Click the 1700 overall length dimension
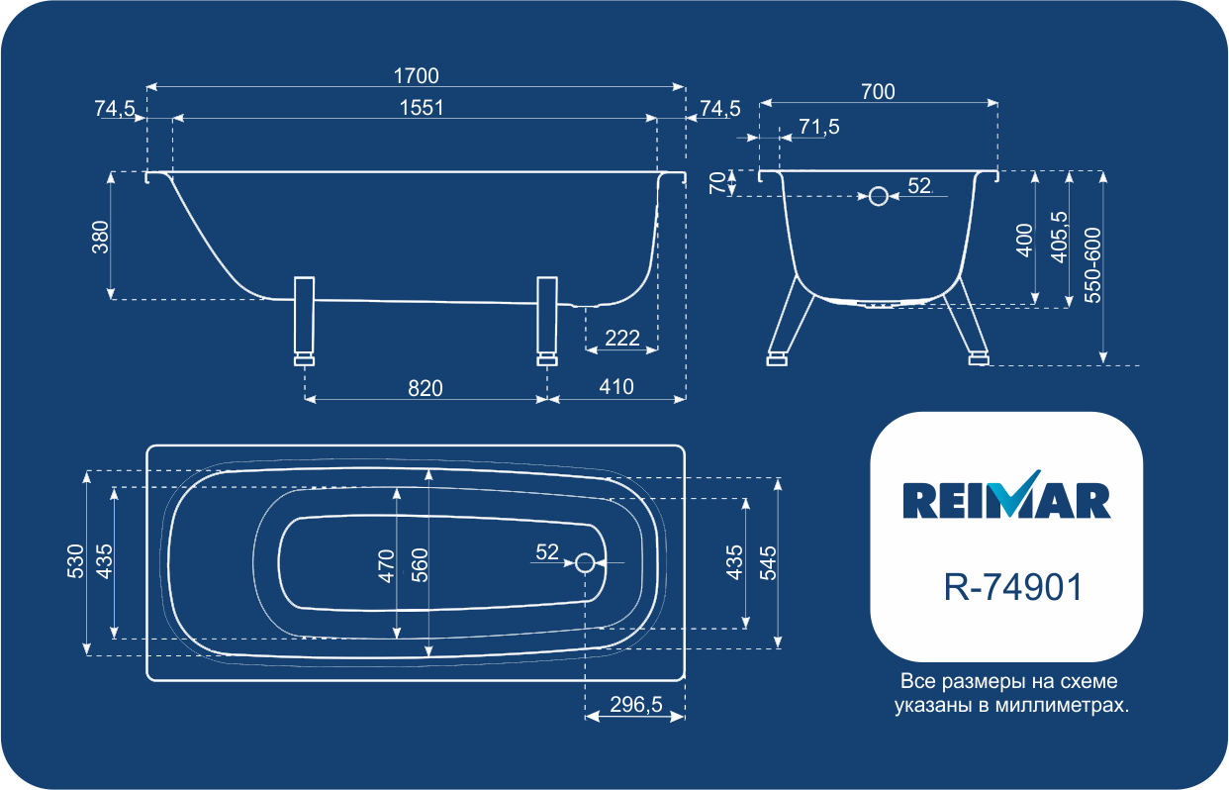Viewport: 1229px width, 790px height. [416, 75]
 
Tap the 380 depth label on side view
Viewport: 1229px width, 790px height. [100, 237]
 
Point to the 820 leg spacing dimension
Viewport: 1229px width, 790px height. [425, 388]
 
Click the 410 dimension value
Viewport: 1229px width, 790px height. [615, 387]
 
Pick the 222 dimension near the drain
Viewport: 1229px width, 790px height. [621, 338]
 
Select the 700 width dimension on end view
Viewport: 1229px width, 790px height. [878, 91]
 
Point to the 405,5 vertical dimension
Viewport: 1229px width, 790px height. [1058, 236]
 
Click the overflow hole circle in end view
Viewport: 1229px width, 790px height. [878, 196]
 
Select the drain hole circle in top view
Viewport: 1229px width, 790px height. [585, 563]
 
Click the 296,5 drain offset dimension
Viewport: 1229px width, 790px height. [635, 705]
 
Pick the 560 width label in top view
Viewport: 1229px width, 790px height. [420, 564]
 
